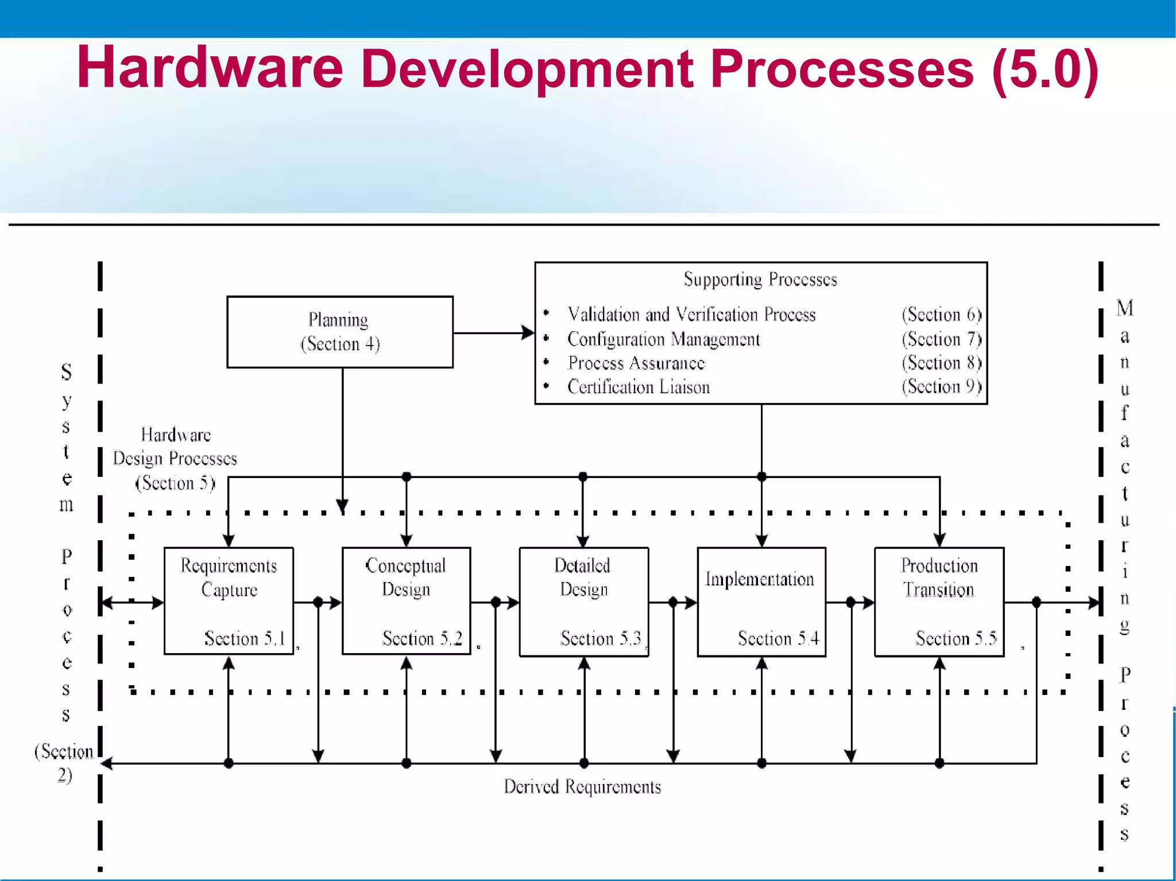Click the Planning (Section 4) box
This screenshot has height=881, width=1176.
pos(340,332)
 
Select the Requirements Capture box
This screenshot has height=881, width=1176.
pos(229,601)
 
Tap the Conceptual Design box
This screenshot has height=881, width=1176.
pos(406,601)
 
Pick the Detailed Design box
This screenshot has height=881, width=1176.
pos(583,601)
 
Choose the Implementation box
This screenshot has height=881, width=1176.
pos(761,601)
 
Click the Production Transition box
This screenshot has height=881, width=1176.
pos(939,601)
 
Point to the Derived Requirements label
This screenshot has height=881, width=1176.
pos(582,786)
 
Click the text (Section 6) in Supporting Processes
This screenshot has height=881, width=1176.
pos(941,315)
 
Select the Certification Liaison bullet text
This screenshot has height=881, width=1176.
pos(639,387)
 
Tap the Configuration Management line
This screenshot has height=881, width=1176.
pos(663,339)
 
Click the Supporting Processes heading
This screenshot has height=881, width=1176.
pos(760,280)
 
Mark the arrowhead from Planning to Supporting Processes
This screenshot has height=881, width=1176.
pos(527,332)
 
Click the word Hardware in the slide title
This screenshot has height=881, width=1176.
pos(210,68)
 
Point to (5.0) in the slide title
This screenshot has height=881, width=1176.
pos(1045,69)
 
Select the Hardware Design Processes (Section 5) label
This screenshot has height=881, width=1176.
pos(175,459)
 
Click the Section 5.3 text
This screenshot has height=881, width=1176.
pos(601,638)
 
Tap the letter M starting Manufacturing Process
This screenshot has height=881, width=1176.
pos(1124,308)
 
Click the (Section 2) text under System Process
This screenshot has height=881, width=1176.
pos(64,763)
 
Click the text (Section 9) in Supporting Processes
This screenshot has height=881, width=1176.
pos(941,386)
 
